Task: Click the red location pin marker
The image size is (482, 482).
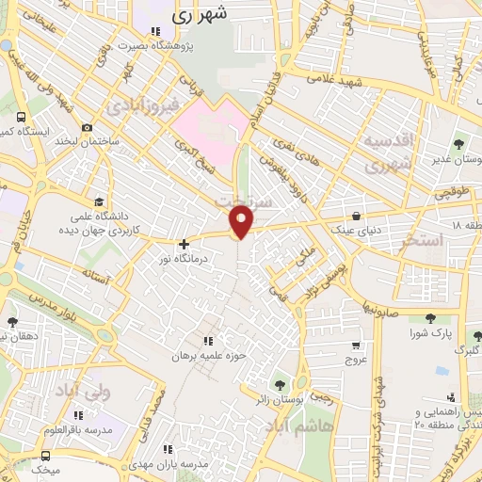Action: [243, 221]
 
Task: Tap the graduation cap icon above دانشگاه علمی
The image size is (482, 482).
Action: [99, 201]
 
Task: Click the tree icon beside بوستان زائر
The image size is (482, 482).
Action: [280, 383]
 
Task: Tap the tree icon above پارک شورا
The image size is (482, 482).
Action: [431, 318]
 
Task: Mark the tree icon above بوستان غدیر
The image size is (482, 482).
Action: [458, 144]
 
